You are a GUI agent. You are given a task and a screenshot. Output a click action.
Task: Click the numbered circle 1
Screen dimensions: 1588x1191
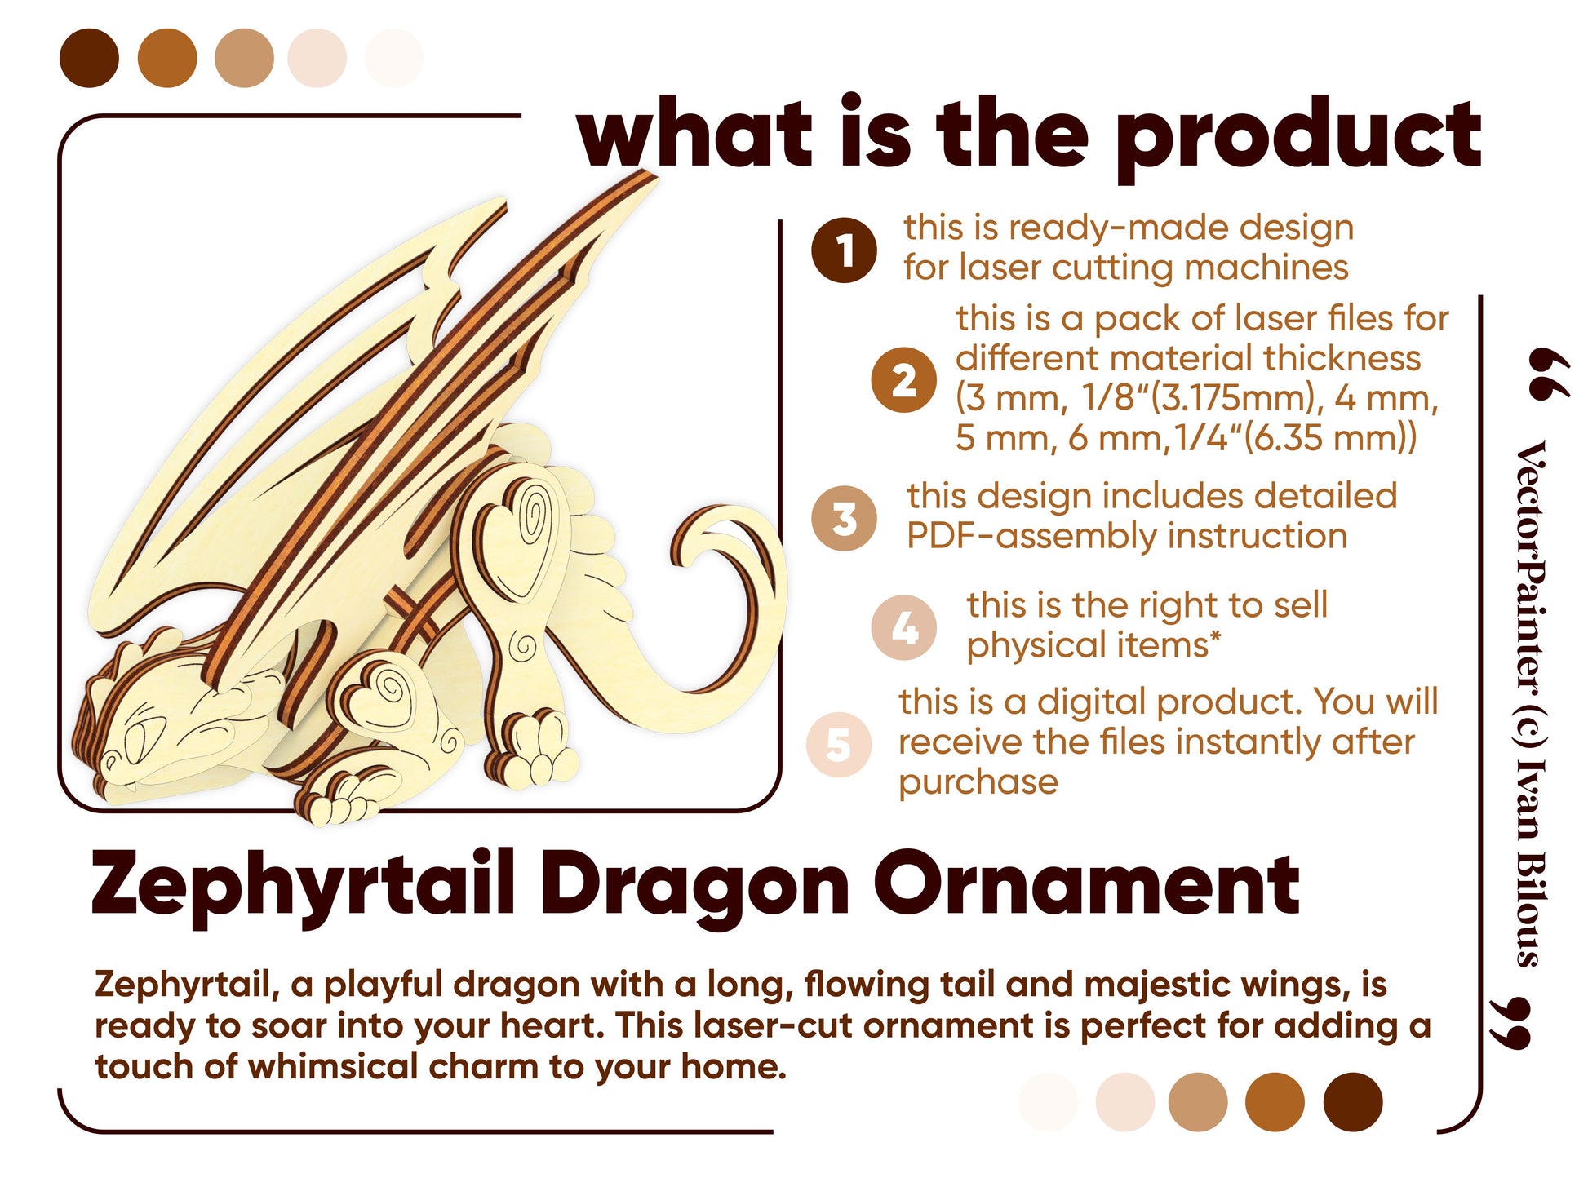coord(844,250)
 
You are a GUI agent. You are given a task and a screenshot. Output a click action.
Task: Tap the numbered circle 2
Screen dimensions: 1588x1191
coord(903,380)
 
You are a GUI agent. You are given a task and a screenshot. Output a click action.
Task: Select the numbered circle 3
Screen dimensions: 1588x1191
coord(844,518)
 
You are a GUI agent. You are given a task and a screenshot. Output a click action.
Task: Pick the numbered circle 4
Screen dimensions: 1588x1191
coord(903,627)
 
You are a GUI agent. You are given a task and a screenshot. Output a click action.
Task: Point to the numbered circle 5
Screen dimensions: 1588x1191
coord(838,744)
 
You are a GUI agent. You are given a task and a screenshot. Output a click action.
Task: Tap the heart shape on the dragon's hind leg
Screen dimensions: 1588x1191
coord(511,539)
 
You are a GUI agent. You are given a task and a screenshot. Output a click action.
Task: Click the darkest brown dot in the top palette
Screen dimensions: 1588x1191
coord(90,58)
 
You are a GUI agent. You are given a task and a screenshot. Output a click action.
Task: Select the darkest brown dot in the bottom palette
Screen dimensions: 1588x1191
coord(1352,1102)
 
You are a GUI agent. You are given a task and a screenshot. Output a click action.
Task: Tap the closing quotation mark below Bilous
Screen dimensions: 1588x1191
coord(1509,1023)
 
